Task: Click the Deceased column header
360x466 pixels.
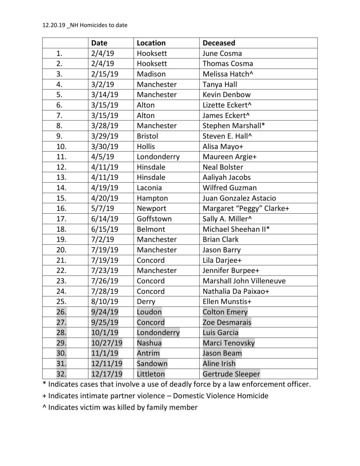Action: tap(219, 43)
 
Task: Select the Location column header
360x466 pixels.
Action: tap(151, 43)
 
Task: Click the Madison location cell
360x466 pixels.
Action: tap(151, 74)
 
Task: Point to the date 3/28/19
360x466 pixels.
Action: tap(105, 126)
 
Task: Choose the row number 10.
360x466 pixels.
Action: tap(61, 147)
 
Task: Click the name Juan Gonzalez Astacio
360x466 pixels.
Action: tap(239, 198)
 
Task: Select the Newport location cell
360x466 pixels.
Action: tap(151, 208)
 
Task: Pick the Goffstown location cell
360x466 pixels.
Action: tap(154, 219)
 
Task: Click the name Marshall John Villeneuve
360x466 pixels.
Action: tap(244, 281)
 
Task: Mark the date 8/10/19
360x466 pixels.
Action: tap(105, 301)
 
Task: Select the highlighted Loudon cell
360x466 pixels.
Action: tap(149, 312)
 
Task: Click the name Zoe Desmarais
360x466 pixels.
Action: tap(227, 322)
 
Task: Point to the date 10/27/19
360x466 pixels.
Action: tap(107, 343)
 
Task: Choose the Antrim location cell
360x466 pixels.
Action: tap(148, 353)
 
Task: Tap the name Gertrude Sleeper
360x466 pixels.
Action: tap(231, 374)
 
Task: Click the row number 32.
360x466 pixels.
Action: tap(61, 374)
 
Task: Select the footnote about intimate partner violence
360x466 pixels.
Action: tap(155, 396)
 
